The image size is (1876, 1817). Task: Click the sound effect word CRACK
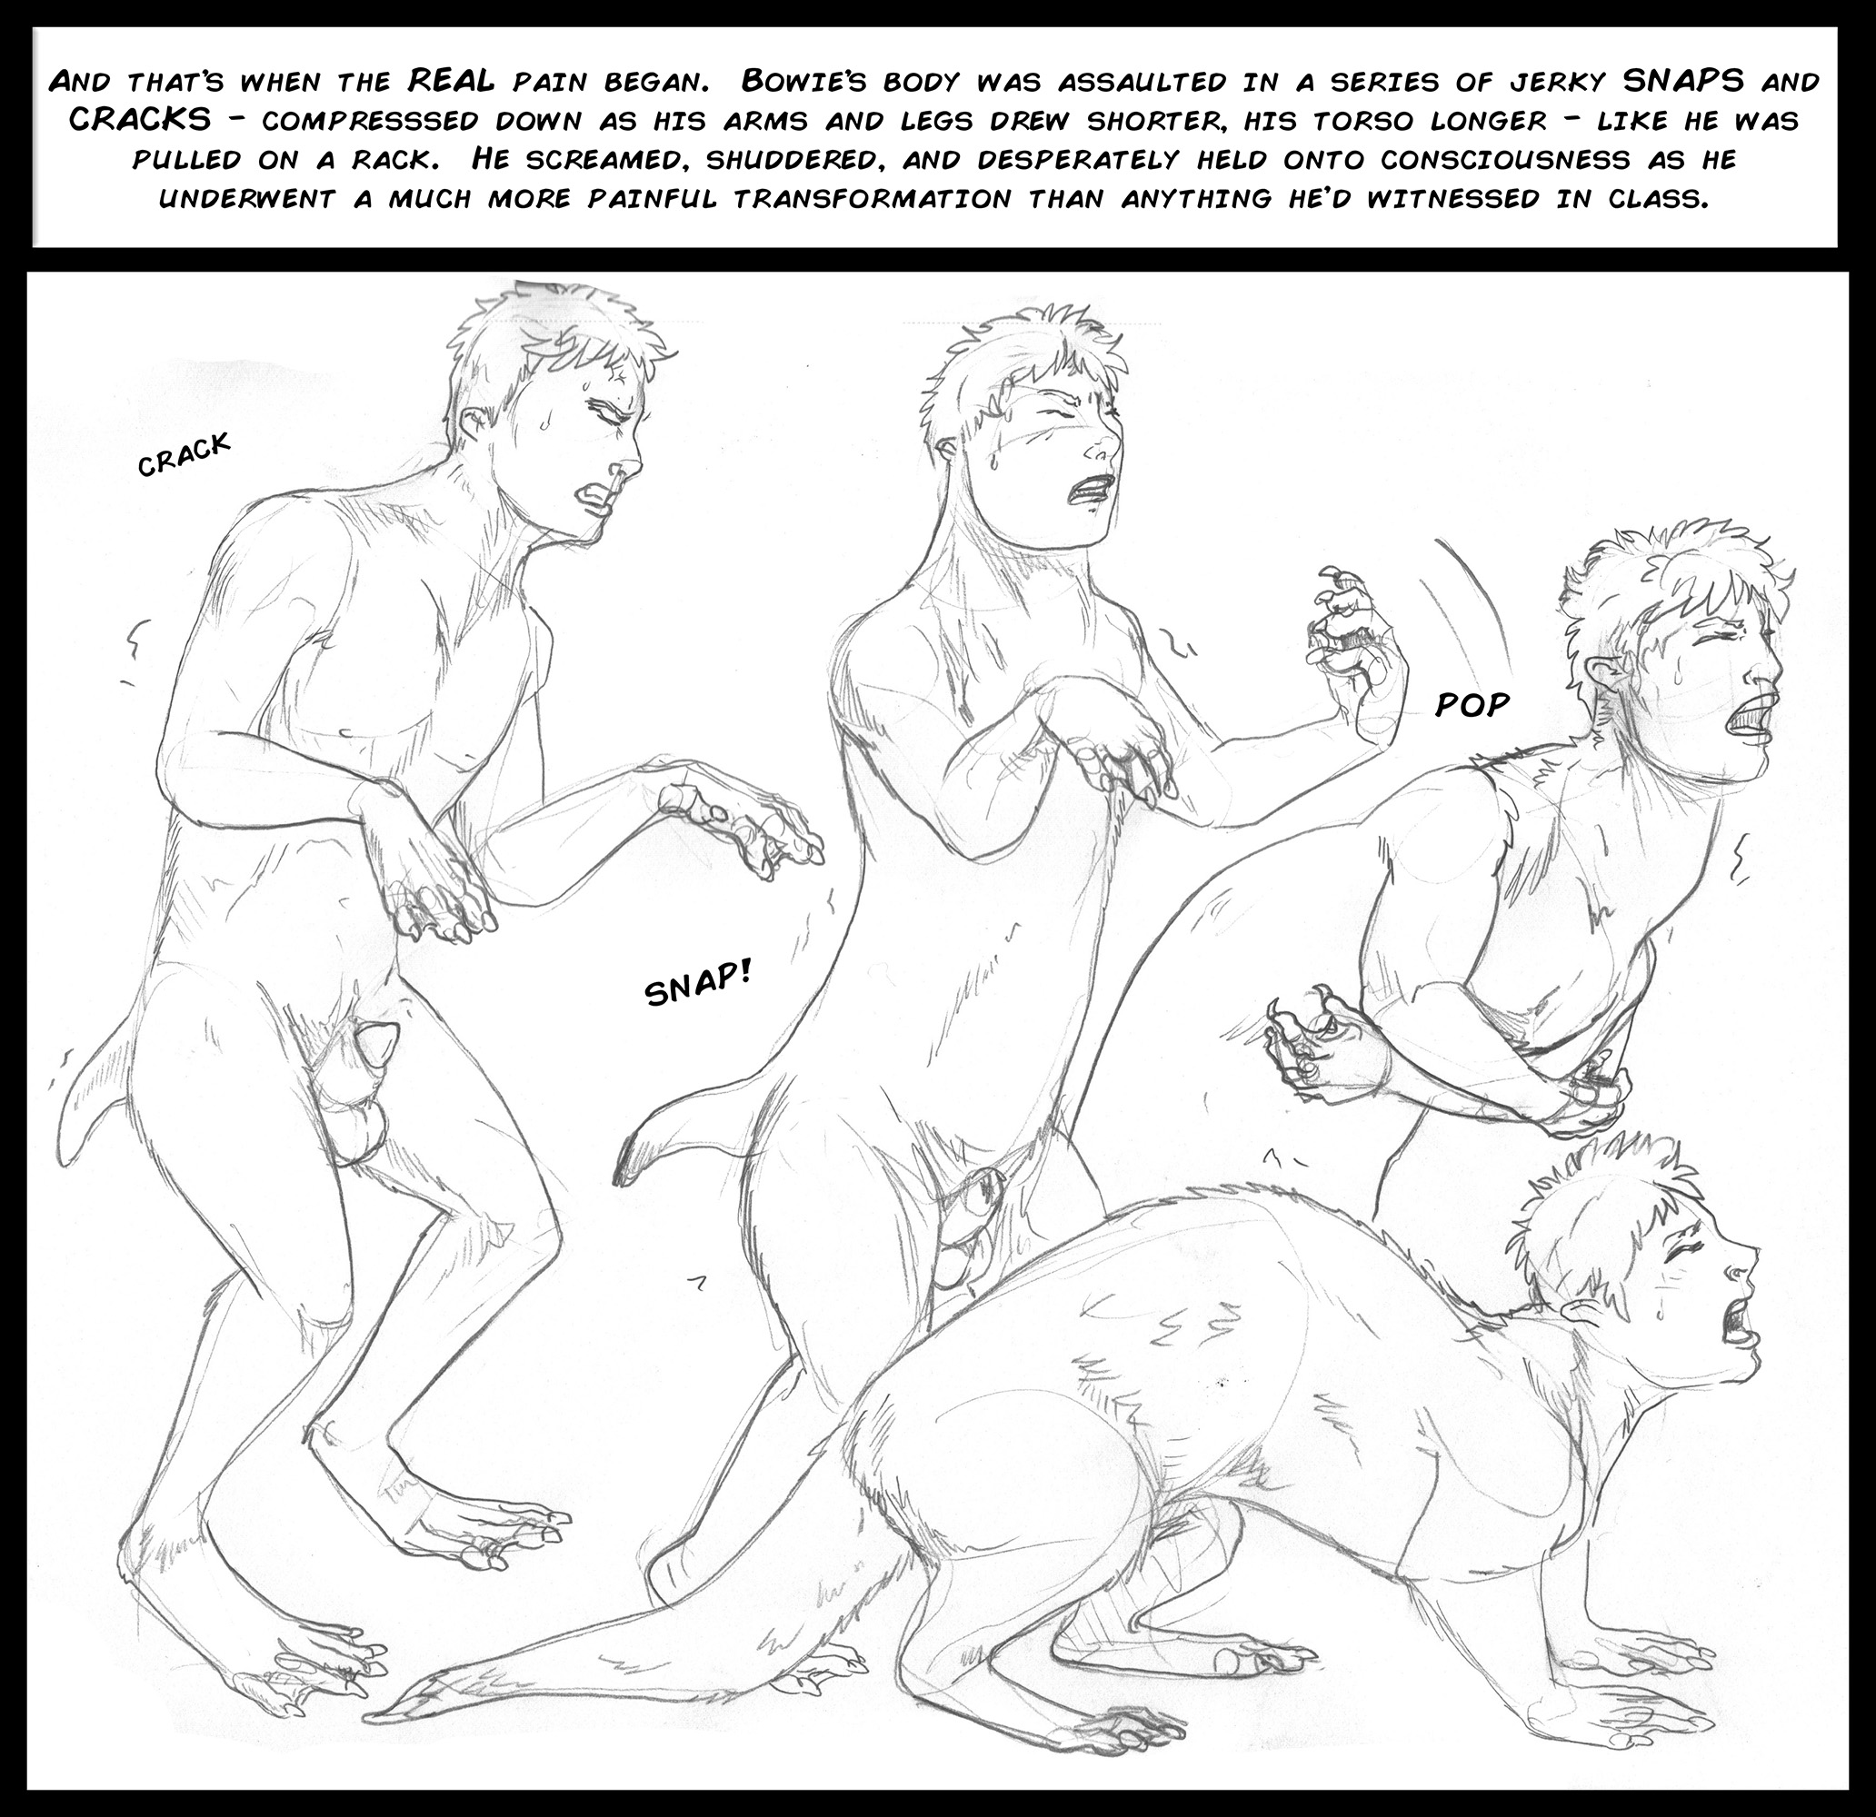click(x=185, y=454)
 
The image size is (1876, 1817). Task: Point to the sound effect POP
click(x=1472, y=704)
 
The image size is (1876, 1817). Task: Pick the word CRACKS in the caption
click(x=140, y=120)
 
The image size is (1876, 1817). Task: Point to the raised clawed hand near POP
click(x=1342, y=627)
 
